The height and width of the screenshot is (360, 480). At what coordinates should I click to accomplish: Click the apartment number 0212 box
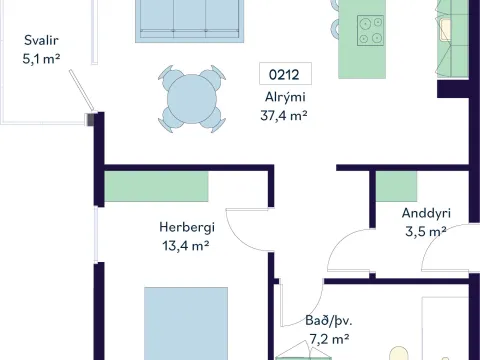point(285,73)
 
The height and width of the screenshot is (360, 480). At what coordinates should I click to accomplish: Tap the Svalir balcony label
point(41,40)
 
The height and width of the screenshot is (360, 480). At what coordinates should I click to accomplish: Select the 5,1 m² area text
point(41,59)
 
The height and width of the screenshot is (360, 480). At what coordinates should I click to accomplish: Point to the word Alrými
point(285,97)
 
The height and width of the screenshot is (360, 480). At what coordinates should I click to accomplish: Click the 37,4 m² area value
point(284,116)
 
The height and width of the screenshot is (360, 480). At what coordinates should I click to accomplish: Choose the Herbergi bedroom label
point(187,228)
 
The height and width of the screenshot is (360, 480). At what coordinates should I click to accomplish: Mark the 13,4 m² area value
point(186,246)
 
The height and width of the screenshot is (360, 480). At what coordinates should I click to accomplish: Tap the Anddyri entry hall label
point(426,214)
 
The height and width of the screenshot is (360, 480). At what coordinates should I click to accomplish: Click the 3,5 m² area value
point(426,231)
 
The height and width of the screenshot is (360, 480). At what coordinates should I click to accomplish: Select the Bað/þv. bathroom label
point(329,321)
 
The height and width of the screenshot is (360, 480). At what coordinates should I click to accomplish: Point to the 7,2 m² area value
point(329,339)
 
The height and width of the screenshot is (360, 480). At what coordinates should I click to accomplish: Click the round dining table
point(192,99)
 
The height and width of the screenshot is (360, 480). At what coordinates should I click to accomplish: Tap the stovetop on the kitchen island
point(370,30)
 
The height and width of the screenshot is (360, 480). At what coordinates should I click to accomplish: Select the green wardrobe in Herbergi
point(156,186)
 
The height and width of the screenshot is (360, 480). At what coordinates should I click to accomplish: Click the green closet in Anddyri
point(396,186)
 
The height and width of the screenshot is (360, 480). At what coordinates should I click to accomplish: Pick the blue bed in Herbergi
point(186,323)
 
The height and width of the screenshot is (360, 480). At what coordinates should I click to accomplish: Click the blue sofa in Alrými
point(190,21)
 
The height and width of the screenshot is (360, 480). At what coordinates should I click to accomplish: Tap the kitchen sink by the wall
point(445,29)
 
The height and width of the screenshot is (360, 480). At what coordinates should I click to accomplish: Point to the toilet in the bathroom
point(399,353)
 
